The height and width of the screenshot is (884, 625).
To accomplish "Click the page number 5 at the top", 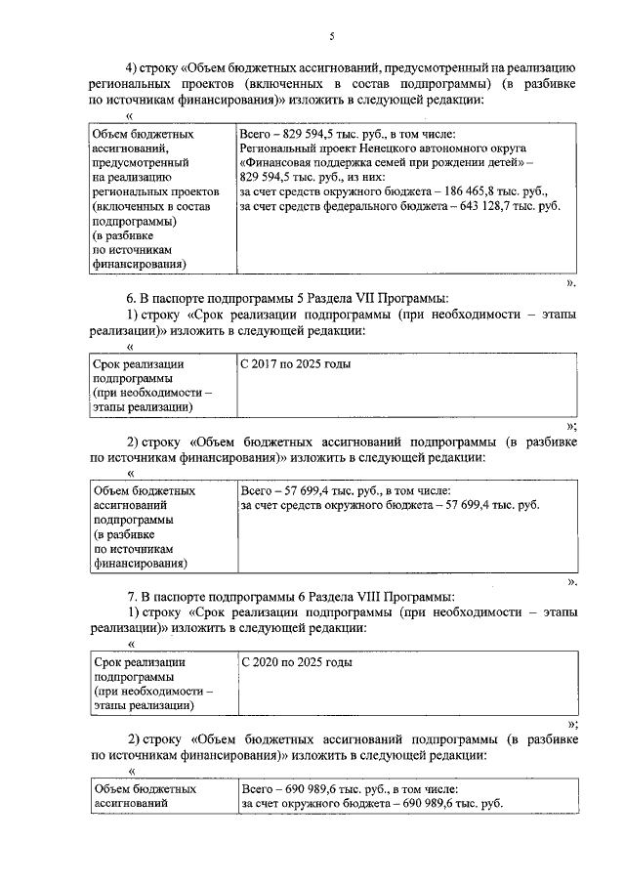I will (331, 36).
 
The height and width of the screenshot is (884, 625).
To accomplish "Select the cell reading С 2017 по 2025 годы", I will (296, 364).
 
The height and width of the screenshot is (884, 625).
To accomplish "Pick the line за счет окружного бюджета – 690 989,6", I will (371, 803).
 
